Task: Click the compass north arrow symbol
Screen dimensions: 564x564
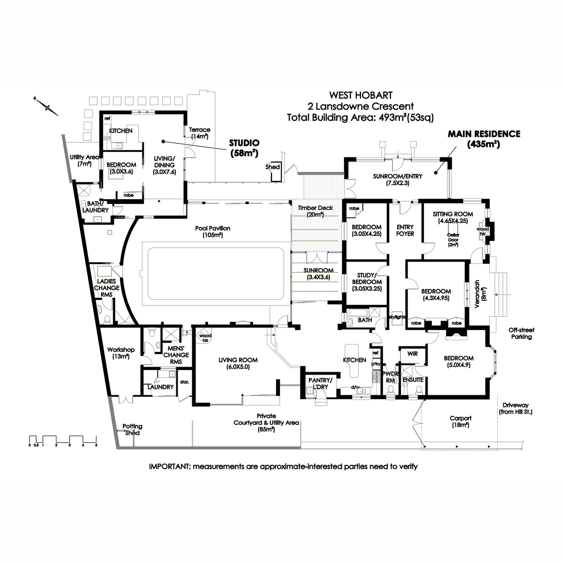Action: pyautogui.click(x=47, y=107)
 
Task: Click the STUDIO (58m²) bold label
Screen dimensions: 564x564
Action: pyautogui.click(x=244, y=148)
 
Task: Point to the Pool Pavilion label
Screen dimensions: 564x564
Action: pyautogui.click(x=213, y=231)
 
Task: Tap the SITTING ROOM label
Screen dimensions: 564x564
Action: pyautogui.click(x=453, y=217)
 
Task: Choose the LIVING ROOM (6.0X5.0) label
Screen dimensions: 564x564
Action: pyautogui.click(x=238, y=363)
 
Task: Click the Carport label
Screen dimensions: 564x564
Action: pyautogui.click(x=460, y=421)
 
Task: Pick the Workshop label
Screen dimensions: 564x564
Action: pyautogui.click(x=121, y=353)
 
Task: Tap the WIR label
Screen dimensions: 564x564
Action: pyautogui.click(x=412, y=353)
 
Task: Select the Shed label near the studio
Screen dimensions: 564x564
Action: pyautogui.click(x=273, y=167)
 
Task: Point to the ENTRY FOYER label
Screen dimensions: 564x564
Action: pyautogui.click(x=405, y=230)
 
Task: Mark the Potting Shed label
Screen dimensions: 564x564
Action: pyautogui.click(x=132, y=430)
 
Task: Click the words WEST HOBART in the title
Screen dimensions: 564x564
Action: pyautogui.click(x=360, y=95)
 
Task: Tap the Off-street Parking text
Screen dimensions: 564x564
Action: pyautogui.click(x=522, y=333)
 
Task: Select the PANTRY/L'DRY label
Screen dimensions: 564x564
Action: pyautogui.click(x=320, y=383)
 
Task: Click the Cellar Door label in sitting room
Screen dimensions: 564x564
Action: pyautogui.click(x=453, y=238)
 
